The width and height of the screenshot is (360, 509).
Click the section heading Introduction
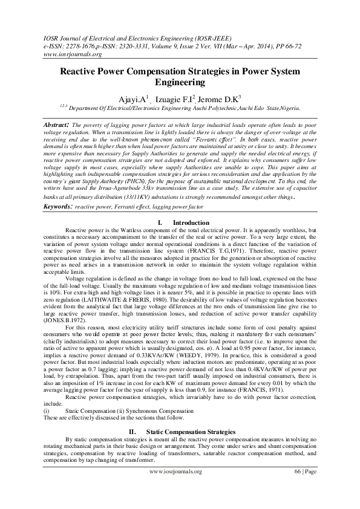[x=191, y=223]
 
